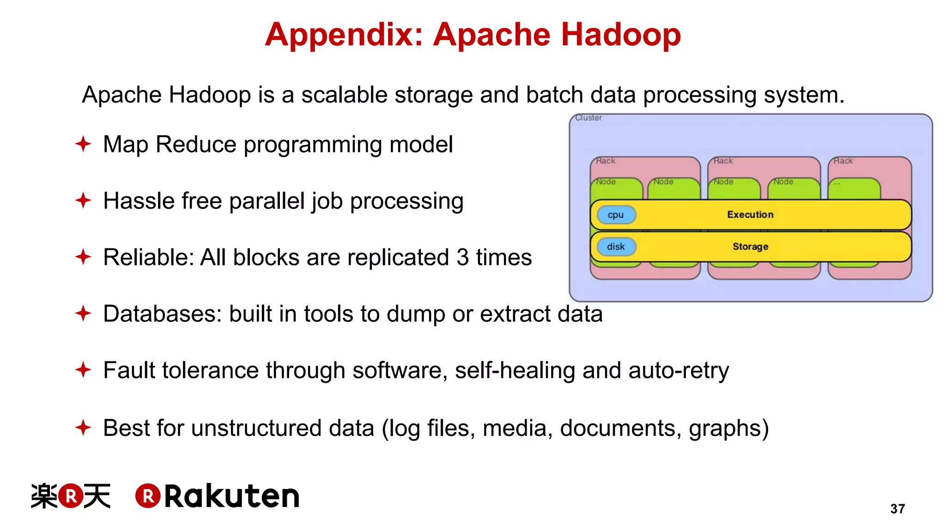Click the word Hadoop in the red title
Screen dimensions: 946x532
pos(621,35)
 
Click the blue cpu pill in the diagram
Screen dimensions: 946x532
pos(616,215)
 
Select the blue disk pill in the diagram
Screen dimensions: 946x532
pos(616,247)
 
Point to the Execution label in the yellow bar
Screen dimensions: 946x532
pos(750,215)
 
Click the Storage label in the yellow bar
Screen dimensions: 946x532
pos(750,247)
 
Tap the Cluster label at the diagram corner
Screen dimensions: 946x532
pos(588,118)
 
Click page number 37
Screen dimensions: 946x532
pos(897,508)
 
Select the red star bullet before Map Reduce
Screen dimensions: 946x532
pos(83,144)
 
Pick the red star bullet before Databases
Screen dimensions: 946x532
pos(83,314)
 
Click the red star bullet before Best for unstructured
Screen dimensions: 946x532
pos(83,427)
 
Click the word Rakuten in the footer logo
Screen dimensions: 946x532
pos(232,496)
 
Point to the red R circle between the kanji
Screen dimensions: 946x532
pos(71,496)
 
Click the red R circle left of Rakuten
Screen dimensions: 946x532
pos(148,496)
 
